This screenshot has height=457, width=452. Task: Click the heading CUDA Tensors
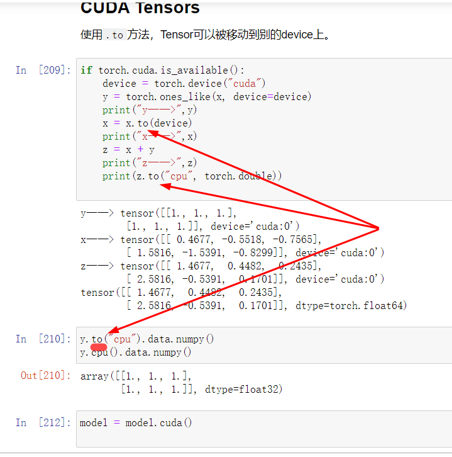click(140, 8)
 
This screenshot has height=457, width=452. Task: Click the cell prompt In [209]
click(43, 70)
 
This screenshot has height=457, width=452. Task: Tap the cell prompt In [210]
click(43, 339)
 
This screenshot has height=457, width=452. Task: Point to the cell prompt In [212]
click(43, 422)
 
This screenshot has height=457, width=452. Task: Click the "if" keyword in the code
click(86, 70)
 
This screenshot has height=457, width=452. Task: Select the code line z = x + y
click(128, 150)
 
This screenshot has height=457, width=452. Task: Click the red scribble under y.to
click(99, 347)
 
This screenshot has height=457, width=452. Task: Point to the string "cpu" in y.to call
click(121, 339)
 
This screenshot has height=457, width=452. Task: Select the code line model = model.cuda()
click(136, 423)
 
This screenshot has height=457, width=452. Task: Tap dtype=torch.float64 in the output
click(351, 306)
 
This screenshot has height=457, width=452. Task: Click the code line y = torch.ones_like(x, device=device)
click(207, 97)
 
